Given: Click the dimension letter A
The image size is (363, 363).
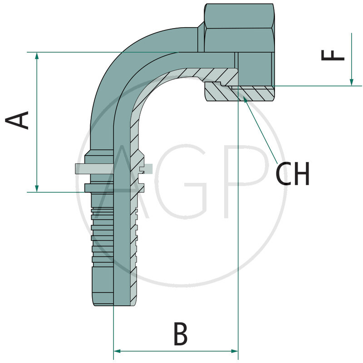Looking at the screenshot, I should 17,120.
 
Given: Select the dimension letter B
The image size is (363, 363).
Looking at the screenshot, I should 180,335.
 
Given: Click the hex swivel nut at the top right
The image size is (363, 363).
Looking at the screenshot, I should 238,27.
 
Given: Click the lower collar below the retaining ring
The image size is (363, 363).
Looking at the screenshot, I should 98,187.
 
